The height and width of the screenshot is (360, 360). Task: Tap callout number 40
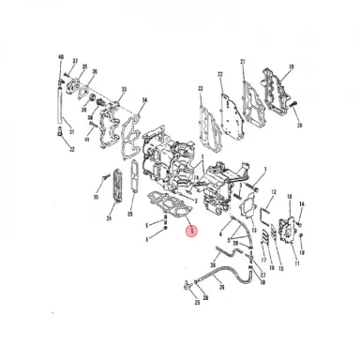point(61,59)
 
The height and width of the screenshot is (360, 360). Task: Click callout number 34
point(144,100)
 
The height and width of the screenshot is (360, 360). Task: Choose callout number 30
point(95,198)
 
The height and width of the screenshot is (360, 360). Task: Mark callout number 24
point(109,218)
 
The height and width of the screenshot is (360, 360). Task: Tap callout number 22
point(219,72)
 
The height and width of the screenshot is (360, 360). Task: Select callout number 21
point(243,63)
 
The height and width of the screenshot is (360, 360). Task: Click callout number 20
point(299,125)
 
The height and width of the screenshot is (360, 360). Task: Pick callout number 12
point(273,192)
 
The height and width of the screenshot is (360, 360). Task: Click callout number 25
point(196,303)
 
